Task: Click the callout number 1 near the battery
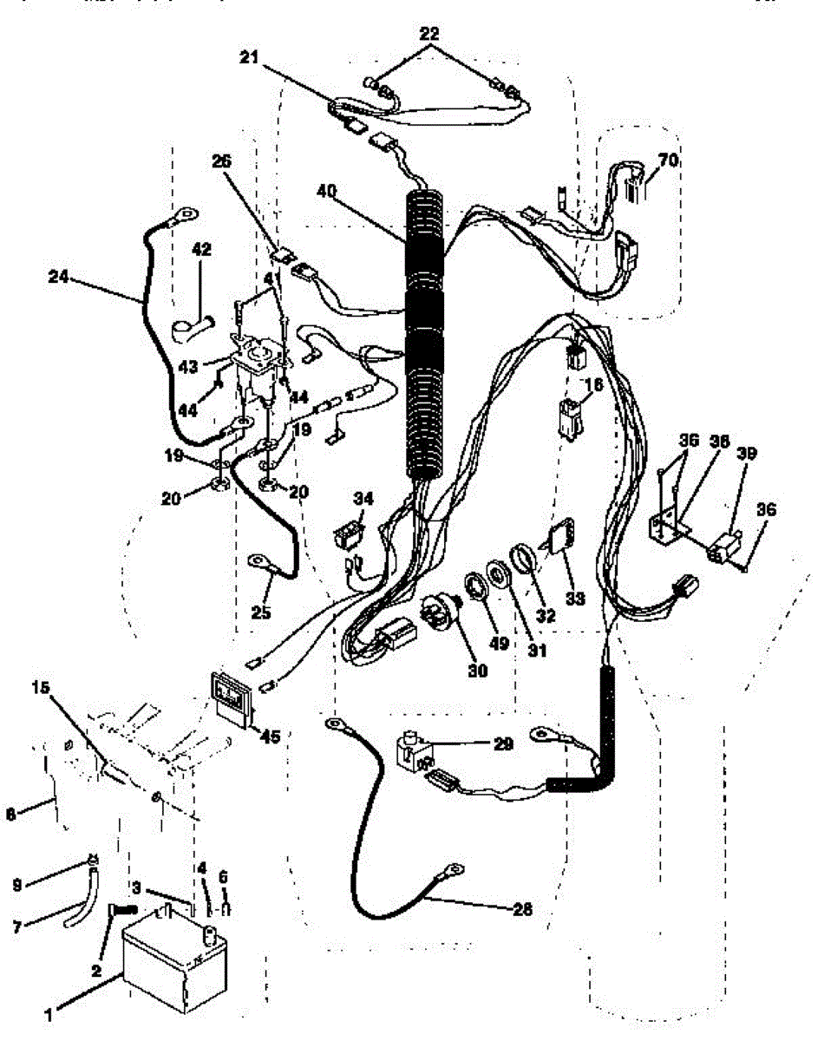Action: [x=49, y=1012]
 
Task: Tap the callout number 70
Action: [x=668, y=160]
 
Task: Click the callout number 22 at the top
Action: [x=428, y=35]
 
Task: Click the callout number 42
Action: [x=201, y=249]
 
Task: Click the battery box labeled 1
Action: [x=173, y=963]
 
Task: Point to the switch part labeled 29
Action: [x=414, y=750]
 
